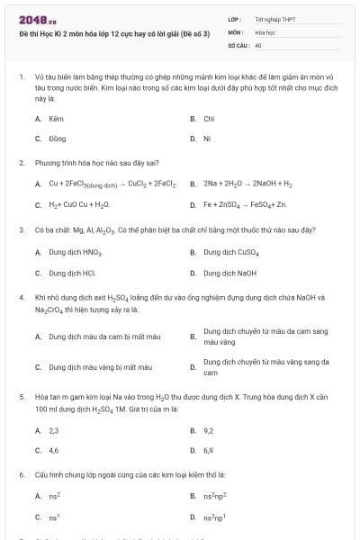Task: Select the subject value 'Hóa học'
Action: pyautogui.click(x=264, y=31)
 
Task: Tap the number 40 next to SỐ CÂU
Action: pyautogui.click(x=258, y=43)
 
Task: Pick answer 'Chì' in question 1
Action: pyautogui.click(x=209, y=118)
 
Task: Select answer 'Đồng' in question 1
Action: pyautogui.click(x=58, y=139)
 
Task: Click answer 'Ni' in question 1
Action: pyautogui.click(x=207, y=139)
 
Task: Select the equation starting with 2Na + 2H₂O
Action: pyautogui.click(x=236, y=184)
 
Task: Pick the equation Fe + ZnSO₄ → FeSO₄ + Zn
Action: pyautogui.click(x=235, y=204)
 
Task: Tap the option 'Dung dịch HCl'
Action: pyautogui.click(x=73, y=272)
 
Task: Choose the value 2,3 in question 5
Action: pyautogui.click(x=54, y=430)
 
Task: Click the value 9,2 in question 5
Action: pyautogui.click(x=209, y=430)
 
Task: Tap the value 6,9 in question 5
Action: pyautogui.click(x=209, y=450)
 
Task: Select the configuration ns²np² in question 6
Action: pyautogui.click(x=212, y=496)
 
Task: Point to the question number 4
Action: pyautogui.click(x=21, y=296)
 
